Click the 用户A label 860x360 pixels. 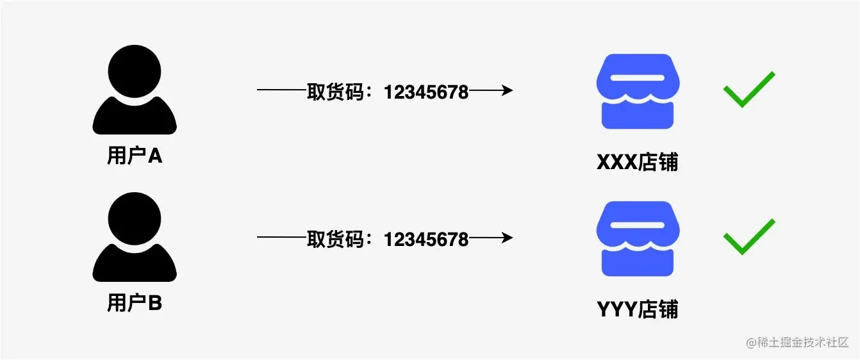135,156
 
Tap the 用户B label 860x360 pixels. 135,303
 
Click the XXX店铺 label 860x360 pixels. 637,163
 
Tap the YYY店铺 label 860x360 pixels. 637,310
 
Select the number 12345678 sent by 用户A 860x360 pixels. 426,92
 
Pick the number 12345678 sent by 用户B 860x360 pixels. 426,240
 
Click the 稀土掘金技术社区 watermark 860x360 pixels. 797,343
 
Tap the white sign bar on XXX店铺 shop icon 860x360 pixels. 638,78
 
